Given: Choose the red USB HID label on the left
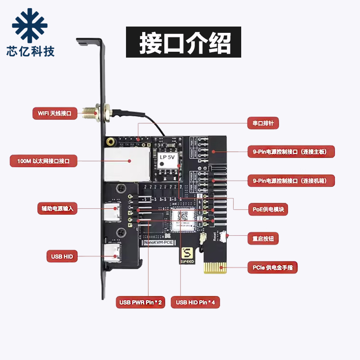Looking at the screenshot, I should [62, 256].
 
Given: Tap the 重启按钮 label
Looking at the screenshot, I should [263, 238].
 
